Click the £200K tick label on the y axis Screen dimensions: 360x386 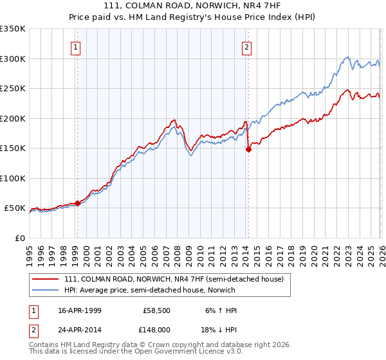pyautogui.click(x=12, y=118)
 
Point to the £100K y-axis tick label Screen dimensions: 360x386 pyautogui.click(x=12, y=178)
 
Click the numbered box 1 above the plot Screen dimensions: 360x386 pyautogui.click(x=77, y=46)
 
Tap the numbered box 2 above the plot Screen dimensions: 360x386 pyautogui.click(x=247, y=46)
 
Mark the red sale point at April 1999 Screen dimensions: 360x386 pyautogui.click(x=78, y=203)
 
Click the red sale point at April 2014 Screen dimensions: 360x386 pyautogui.click(x=248, y=149)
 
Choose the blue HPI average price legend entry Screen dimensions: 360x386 pyautogui.click(x=149, y=290)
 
